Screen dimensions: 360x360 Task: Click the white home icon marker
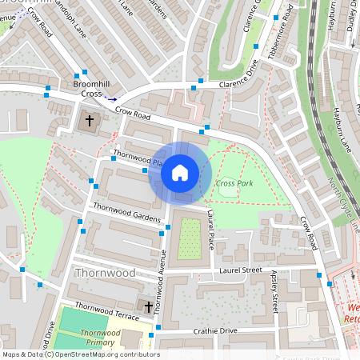click(180, 172)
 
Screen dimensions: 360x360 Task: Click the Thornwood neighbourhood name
click(105, 273)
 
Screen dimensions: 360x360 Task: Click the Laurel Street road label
click(240, 271)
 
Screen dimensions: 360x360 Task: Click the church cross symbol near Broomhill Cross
click(89, 122)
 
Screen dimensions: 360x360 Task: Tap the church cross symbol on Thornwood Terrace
click(146, 306)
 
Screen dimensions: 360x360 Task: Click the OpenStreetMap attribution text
click(80, 354)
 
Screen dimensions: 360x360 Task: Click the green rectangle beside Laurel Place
click(189, 238)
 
